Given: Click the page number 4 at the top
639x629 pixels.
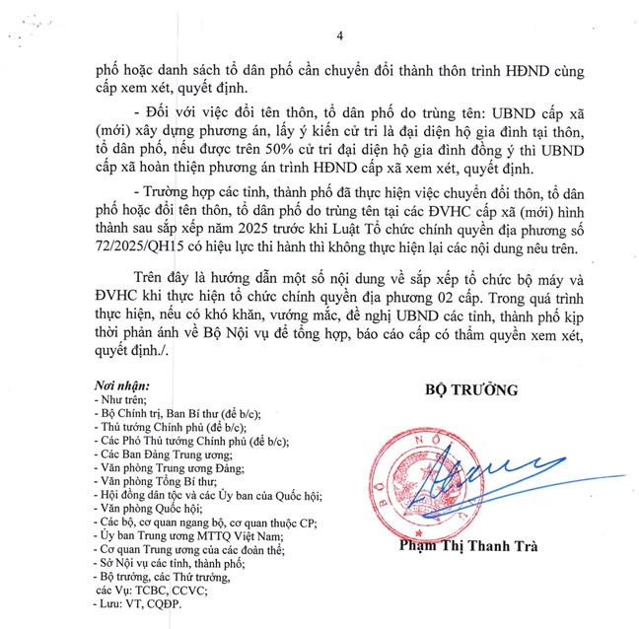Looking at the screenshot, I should tap(338, 35).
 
